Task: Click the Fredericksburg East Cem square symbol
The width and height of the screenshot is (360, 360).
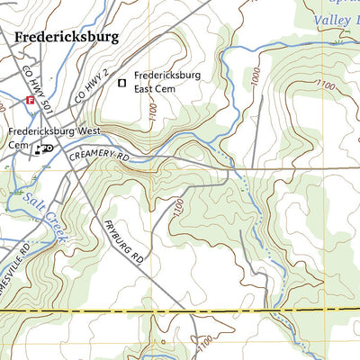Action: point(122,84)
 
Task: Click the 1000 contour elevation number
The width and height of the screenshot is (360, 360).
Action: point(261,80)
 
